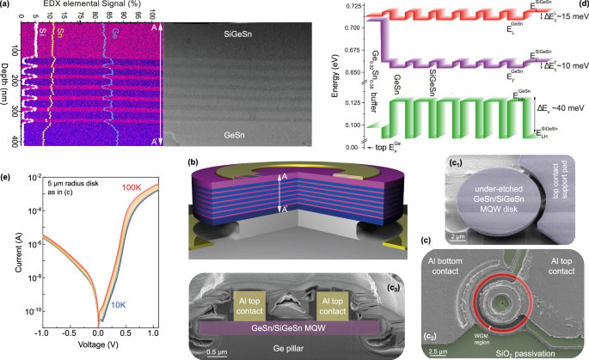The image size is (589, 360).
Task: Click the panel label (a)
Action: tap(9, 7)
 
